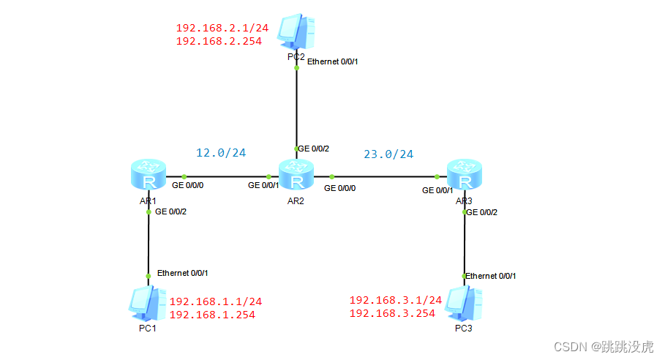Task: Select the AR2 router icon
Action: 297,176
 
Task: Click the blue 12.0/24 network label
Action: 221,153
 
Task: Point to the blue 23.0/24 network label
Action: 388,154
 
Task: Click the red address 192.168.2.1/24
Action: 222,29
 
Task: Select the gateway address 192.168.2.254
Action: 219,42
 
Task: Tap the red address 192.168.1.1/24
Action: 215,301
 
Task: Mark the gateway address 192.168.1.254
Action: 212,315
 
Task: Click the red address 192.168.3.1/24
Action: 396,300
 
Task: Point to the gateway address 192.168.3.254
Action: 393,313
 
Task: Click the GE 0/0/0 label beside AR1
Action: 188,186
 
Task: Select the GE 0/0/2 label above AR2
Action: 314,149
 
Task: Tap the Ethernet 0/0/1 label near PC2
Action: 333,61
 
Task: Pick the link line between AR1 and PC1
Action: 149,245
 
